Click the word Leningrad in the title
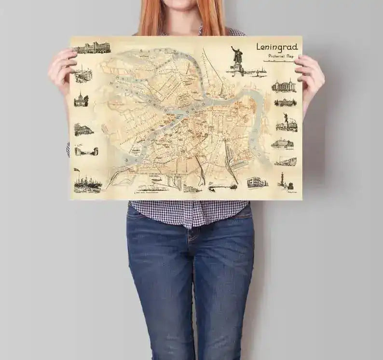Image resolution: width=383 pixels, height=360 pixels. click(277, 47)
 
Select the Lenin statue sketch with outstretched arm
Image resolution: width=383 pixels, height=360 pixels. click(236, 60)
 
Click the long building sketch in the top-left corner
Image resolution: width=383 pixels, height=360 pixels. click(92, 48)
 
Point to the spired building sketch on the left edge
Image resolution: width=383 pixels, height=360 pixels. click(81, 99)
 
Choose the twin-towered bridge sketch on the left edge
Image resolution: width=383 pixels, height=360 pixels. click(86, 151)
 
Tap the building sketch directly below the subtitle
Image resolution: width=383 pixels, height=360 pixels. click(284, 86)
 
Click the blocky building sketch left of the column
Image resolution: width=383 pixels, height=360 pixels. click(257, 182)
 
